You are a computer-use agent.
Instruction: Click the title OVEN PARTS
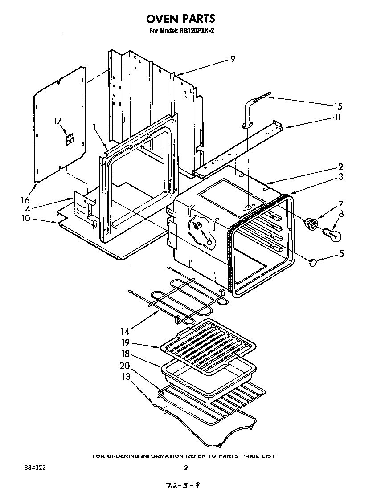pyautogui.click(x=180, y=19)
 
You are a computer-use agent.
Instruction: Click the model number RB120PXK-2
pyautogui.click(x=193, y=32)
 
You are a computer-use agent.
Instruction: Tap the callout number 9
pyautogui.click(x=233, y=59)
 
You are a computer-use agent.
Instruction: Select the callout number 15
pyautogui.click(x=338, y=106)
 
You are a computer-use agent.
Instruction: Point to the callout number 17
pyautogui.click(x=57, y=121)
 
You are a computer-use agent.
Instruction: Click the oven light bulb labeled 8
pyautogui.click(x=333, y=233)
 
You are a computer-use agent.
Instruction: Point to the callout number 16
pyautogui.click(x=25, y=201)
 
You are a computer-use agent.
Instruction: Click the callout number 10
pyautogui.click(x=25, y=218)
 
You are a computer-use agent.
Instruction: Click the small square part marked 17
pyautogui.click(x=69, y=140)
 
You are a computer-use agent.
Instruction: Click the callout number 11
pyautogui.click(x=338, y=118)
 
